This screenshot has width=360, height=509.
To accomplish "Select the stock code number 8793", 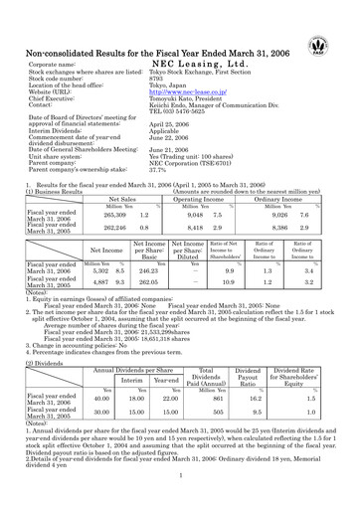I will [x=158, y=81].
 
